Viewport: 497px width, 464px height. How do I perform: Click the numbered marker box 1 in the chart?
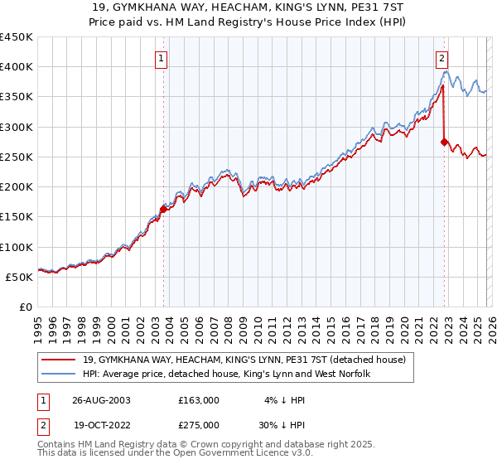[162, 58]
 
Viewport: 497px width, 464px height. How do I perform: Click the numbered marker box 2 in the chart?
[442, 58]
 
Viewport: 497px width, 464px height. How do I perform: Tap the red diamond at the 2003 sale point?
[164, 210]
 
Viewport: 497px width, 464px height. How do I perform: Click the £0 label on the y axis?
[26, 307]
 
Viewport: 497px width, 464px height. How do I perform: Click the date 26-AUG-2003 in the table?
[100, 399]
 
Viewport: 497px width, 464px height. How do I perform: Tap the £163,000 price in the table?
[199, 399]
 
